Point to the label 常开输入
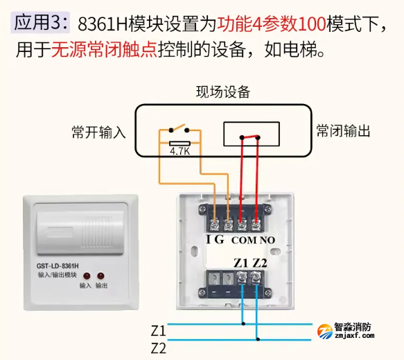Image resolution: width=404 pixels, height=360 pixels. tap(98, 132)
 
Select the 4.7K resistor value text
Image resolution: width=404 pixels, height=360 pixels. tap(179, 148)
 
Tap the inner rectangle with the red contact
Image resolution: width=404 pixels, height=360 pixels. tap(251, 134)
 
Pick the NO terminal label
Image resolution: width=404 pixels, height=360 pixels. tap(267, 240)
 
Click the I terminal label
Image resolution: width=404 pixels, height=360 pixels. tap(209, 240)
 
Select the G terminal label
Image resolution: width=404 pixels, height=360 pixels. tap(220, 240)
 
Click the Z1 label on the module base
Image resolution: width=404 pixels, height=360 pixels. tap(240, 263)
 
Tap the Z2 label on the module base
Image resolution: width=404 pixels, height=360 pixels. tap(259, 263)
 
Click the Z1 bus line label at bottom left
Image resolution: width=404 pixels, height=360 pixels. tap(158, 329)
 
